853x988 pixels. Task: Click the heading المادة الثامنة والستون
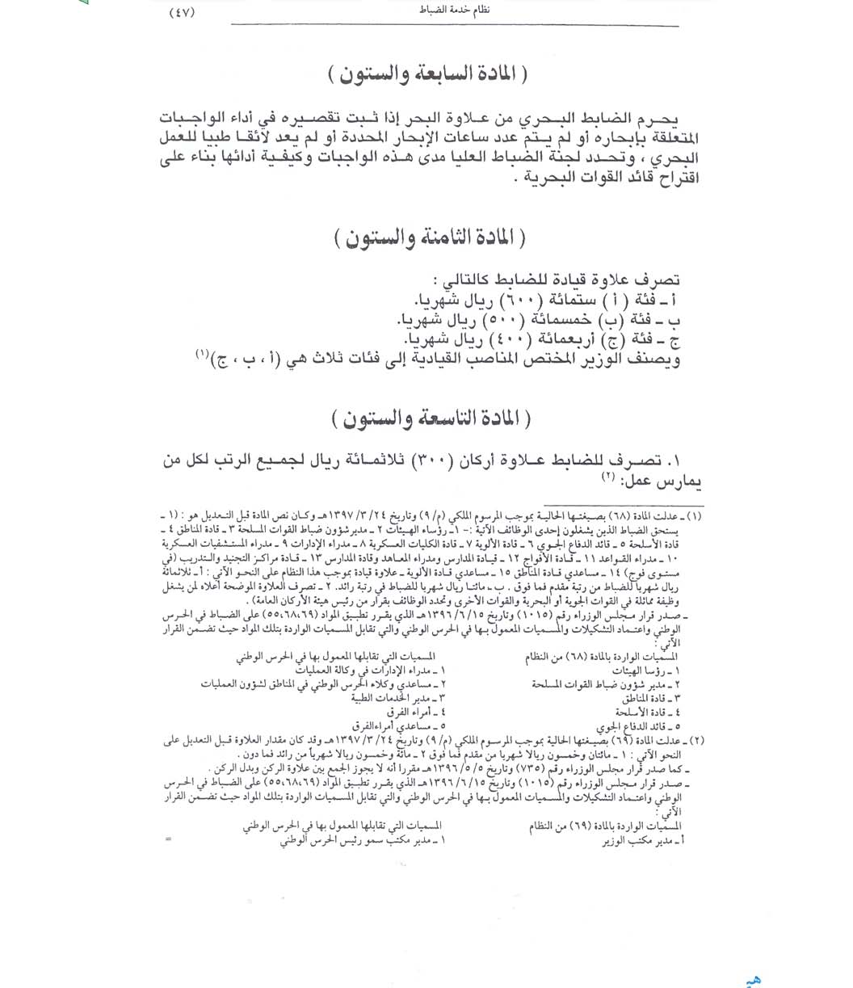(x=429, y=239)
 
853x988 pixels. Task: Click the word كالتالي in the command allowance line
(x=460, y=280)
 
